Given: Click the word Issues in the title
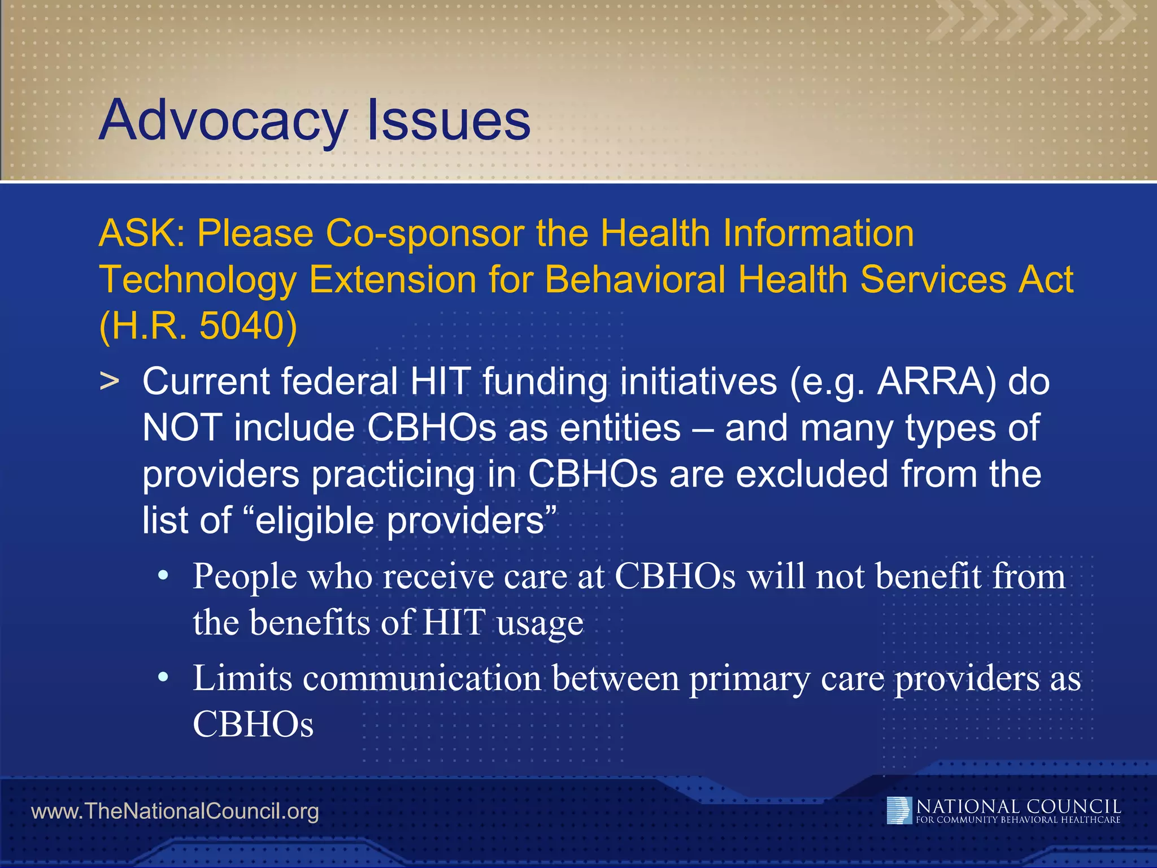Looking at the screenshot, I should [x=449, y=120].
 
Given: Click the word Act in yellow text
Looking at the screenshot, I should [x=1045, y=280].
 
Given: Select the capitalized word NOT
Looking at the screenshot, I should [x=182, y=428].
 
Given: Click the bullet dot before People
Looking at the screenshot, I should [x=163, y=576].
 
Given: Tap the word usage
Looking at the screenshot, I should [x=540, y=623].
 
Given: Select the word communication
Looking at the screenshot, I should [x=422, y=678].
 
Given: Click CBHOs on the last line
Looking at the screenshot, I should [x=253, y=724].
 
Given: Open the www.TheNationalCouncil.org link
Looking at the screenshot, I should [x=175, y=811].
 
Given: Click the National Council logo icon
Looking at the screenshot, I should [x=899, y=810].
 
